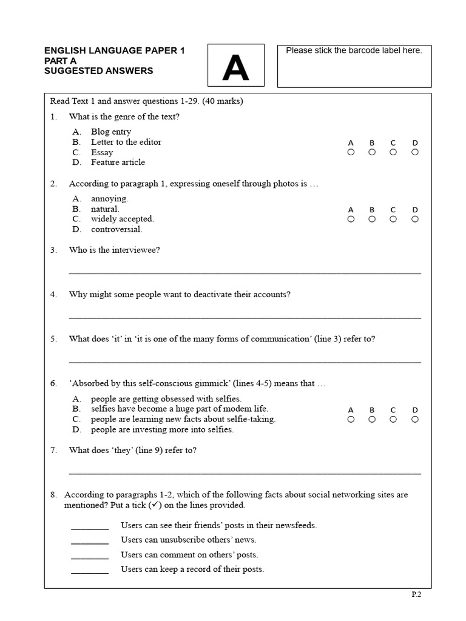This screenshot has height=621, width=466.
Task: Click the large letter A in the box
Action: tap(235, 69)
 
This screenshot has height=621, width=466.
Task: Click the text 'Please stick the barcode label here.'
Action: tap(354, 51)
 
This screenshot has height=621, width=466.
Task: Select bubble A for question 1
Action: tap(351, 152)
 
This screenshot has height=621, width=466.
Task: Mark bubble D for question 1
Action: tap(415, 152)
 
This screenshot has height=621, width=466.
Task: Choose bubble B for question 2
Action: tap(372, 219)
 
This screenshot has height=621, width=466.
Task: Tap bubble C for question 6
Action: tap(393, 419)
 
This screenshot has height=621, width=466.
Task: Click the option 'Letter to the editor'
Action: tap(126, 142)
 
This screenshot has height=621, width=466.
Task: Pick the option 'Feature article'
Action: tap(118, 162)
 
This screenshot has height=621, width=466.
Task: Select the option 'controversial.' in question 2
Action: tap(116, 229)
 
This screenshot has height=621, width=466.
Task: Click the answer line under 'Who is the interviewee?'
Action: tap(245, 273)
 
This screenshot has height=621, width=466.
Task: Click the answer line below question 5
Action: tap(245, 362)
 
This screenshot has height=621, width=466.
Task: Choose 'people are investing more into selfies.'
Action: tap(162, 429)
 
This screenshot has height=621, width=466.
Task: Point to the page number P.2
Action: tap(416, 595)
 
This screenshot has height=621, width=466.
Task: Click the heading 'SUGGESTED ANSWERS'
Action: tap(98, 71)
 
